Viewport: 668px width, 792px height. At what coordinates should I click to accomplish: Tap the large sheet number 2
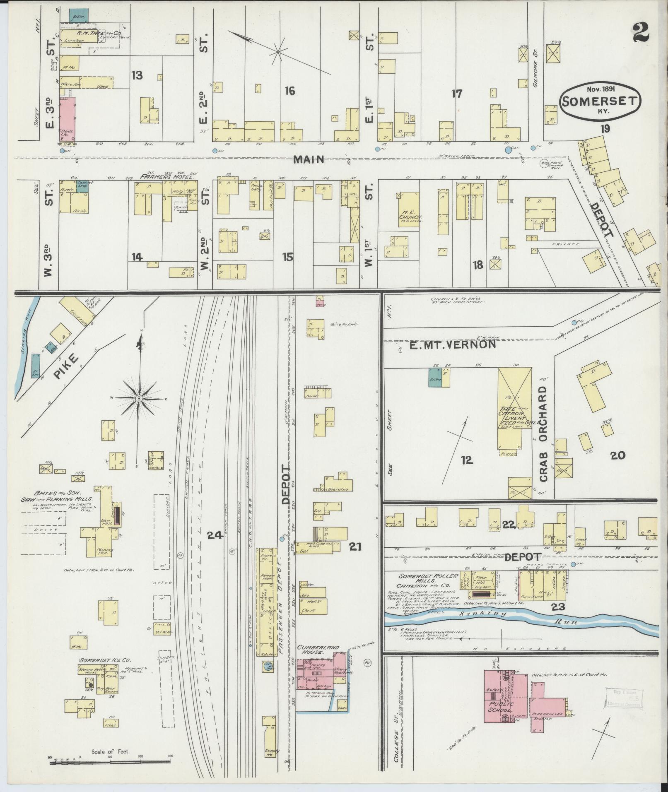[x=641, y=32]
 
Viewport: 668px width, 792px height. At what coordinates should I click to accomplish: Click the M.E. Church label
[x=410, y=217]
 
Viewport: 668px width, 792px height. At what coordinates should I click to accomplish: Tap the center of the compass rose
[x=139, y=399]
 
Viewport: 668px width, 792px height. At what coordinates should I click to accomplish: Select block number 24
[x=215, y=536]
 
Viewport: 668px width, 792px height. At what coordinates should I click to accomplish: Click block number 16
[x=289, y=90]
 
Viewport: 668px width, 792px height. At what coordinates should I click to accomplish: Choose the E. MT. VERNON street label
[x=452, y=344]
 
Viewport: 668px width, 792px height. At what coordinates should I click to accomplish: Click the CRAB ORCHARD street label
[x=544, y=434]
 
